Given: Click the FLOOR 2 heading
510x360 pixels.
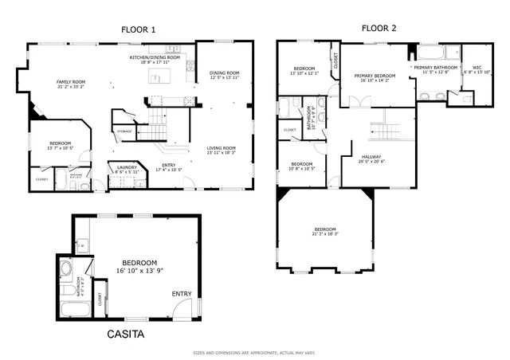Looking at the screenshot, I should [379, 29].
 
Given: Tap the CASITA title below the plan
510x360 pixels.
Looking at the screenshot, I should [126, 335].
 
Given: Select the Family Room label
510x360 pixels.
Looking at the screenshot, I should [70, 82].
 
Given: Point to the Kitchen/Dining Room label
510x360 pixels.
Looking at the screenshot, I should [155, 58].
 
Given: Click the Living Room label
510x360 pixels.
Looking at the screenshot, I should [222, 147].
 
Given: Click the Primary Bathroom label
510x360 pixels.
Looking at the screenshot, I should [435, 68].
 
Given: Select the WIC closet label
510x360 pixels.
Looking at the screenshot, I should [477, 68].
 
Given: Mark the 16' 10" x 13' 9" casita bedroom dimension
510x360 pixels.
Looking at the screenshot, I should [139, 272].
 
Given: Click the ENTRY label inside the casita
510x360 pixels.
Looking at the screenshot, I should [182, 295].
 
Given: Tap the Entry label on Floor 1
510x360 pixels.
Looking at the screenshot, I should [166, 165].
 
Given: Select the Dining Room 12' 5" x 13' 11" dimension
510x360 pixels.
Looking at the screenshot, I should [225, 78].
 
